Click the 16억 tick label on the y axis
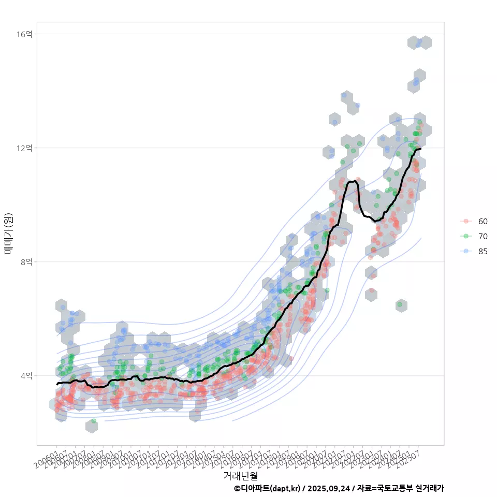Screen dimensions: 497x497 click(24, 34)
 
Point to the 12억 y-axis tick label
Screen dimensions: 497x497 click(24, 148)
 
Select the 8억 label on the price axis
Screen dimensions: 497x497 click(26, 262)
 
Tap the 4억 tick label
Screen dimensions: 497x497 click(26, 376)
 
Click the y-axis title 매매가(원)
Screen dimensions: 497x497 click(9, 233)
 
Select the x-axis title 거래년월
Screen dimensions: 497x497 click(240, 475)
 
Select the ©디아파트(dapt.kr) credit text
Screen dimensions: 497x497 click(267, 488)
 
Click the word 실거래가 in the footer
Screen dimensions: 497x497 click(430, 488)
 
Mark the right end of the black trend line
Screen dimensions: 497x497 click(421, 149)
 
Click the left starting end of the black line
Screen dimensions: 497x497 click(57, 384)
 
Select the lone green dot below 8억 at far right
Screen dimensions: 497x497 click(400, 304)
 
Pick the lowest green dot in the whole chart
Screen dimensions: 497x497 click(94, 421)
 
